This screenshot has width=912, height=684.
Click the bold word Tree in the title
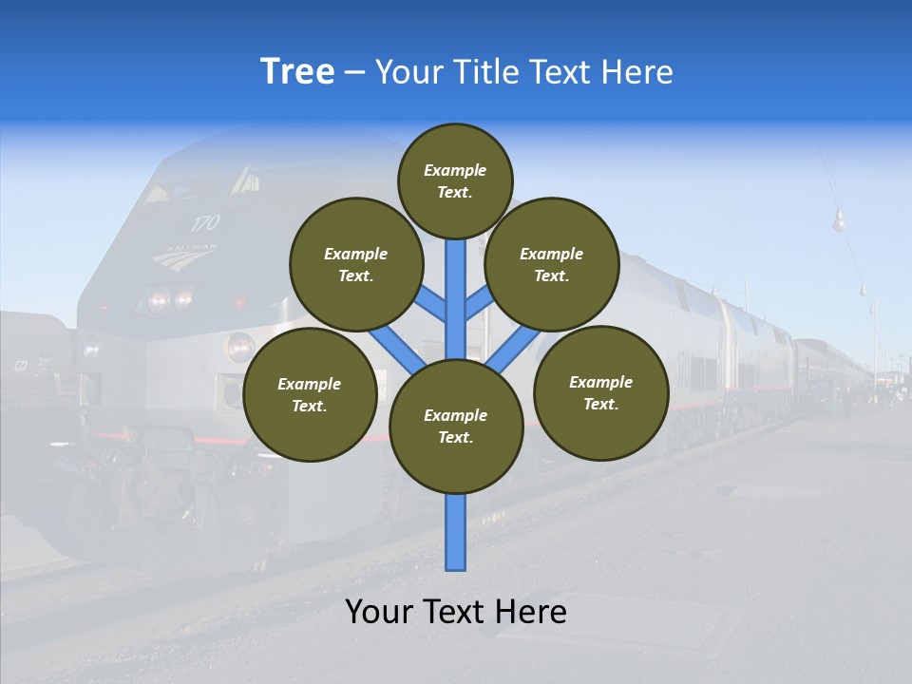[297, 72]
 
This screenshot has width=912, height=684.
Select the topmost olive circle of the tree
[455, 180]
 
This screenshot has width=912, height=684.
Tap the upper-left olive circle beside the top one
[355, 264]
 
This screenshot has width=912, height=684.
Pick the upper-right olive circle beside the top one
[551, 264]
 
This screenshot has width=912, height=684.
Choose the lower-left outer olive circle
[310, 395]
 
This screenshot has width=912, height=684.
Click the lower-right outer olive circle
[600, 392]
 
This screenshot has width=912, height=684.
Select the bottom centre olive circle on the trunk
[456, 427]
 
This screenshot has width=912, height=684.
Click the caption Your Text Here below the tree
[456, 612]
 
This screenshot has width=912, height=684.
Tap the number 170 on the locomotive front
[204, 223]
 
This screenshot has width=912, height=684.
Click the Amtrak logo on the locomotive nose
[185, 256]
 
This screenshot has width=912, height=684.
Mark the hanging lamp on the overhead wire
[839, 222]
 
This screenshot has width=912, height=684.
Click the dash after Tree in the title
[354, 73]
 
